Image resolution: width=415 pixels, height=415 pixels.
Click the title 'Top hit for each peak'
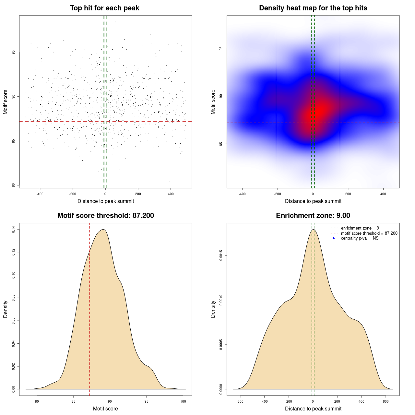(x=104, y=8)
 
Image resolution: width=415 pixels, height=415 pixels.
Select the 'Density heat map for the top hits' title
(x=313, y=8)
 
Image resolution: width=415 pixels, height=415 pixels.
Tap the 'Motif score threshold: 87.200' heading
(x=105, y=216)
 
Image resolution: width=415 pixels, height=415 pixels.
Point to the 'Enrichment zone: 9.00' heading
(x=313, y=216)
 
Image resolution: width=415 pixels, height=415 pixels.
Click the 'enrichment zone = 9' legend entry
(x=360, y=228)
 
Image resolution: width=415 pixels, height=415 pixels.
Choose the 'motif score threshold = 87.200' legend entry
(x=369, y=233)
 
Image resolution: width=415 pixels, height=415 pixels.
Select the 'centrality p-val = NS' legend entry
(x=360, y=238)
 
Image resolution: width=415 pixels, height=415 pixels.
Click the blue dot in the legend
(x=334, y=238)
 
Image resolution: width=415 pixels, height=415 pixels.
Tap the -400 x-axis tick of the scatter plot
(x=40, y=194)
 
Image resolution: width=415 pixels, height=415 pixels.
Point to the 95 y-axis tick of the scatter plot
(x=13, y=52)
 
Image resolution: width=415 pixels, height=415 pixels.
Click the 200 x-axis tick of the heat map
(x=348, y=194)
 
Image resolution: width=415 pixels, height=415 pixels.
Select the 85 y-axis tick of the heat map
(x=221, y=144)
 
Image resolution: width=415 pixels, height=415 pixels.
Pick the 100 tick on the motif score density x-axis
(x=183, y=402)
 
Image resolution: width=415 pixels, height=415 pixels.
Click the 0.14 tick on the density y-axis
(x=13, y=230)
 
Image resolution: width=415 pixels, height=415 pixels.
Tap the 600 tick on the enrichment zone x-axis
(x=386, y=402)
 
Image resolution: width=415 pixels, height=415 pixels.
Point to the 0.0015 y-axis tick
(x=221, y=255)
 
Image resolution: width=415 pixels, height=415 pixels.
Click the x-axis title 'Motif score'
(x=105, y=409)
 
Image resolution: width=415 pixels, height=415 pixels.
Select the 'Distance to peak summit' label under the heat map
(x=313, y=201)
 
